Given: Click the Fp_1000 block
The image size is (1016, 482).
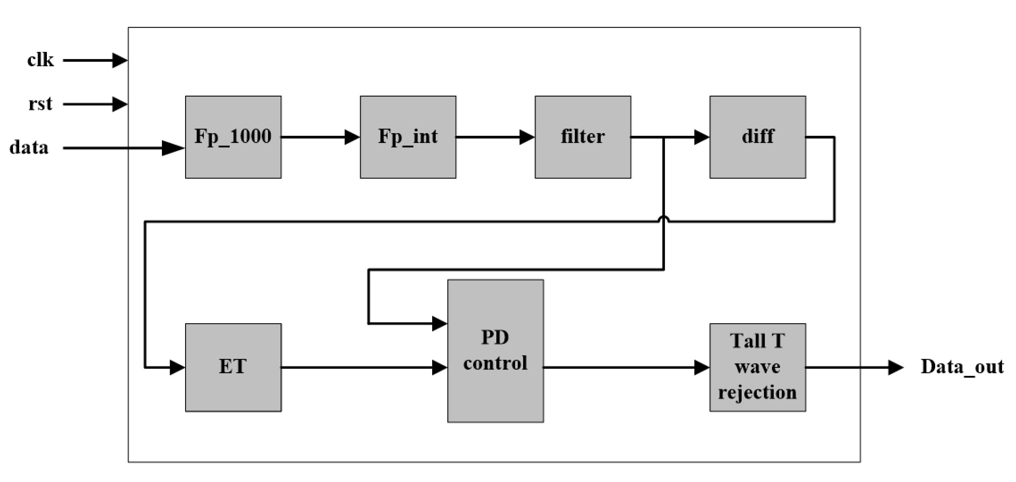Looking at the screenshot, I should [233, 137].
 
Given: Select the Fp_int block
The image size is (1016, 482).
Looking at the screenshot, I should [408, 137].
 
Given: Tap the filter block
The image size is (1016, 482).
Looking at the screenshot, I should [582, 137].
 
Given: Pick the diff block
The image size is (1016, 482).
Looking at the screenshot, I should [757, 137].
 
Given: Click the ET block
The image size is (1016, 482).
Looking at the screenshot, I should [233, 367].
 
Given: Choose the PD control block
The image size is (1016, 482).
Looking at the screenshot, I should [495, 351].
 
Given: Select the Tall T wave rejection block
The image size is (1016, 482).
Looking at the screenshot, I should [757, 367].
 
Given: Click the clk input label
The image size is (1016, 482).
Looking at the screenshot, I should [40, 60].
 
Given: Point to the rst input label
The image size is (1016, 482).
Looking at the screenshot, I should [40, 104].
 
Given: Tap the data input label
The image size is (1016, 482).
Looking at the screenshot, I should [29, 147].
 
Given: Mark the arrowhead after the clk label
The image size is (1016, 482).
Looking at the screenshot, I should [119, 60].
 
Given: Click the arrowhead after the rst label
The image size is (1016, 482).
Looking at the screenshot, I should [119, 104].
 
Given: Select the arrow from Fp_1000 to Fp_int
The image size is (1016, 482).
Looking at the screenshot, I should [320, 137].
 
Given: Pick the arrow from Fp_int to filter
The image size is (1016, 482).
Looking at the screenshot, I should [495, 137].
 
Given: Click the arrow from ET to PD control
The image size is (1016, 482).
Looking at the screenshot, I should [364, 367].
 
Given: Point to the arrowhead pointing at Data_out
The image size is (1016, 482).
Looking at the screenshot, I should [895, 367].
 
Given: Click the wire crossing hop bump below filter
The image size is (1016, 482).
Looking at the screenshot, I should [664, 218].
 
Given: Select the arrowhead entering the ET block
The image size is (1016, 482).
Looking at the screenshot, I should [177, 367].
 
